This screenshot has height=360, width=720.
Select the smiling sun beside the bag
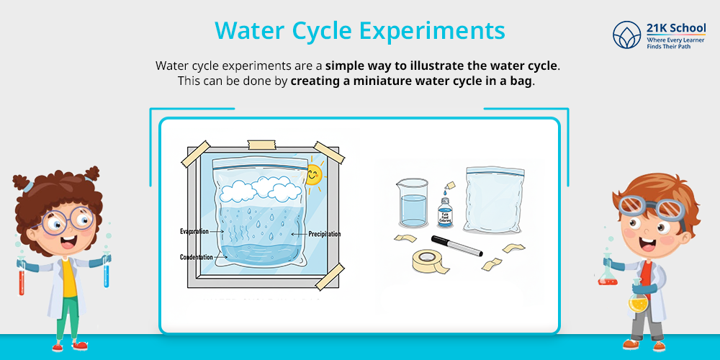(x=313, y=174)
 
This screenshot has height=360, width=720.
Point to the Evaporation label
(x=194, y=231)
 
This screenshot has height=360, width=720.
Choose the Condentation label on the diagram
(x=196, y=257)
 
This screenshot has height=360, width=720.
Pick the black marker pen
(x=456, y=245)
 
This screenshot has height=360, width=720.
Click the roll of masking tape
(x=432, y=261)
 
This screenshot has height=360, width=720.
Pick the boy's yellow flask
(x=636, y=300)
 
